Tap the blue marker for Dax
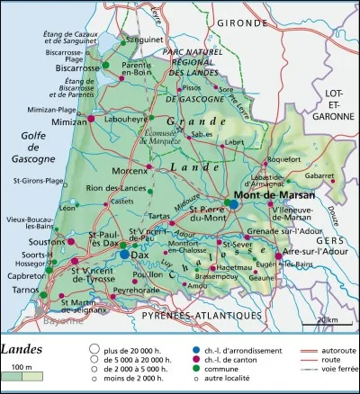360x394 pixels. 124,255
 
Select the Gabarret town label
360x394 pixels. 321,177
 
